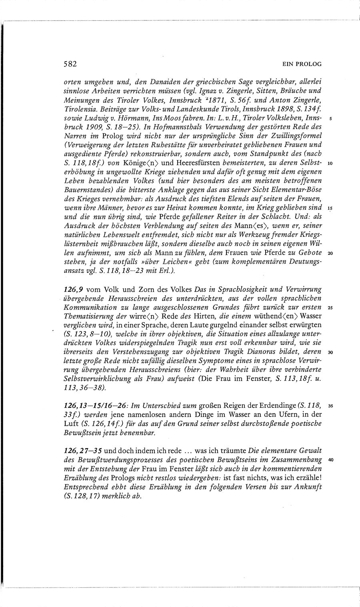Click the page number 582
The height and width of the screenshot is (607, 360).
click(70, 64)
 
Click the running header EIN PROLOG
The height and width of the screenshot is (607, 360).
click(302, 64)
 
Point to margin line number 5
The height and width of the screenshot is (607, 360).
click(329, 119)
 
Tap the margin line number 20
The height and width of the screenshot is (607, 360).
click(330, 253)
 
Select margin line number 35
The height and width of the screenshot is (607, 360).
click(330, 406)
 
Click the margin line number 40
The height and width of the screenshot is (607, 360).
click(330, 459)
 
